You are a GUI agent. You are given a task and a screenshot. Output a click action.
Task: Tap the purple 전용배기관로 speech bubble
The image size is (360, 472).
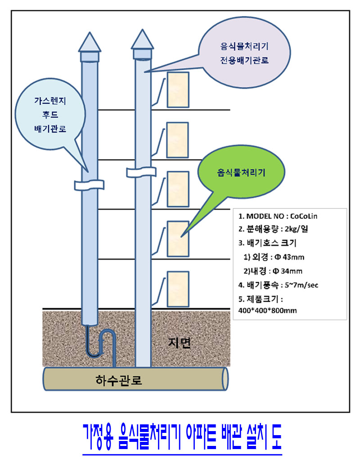click(243, 52)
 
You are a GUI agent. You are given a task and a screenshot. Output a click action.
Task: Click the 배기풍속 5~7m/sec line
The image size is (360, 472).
click(279, 285)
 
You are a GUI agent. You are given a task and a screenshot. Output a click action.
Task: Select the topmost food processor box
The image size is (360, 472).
click(177, 89)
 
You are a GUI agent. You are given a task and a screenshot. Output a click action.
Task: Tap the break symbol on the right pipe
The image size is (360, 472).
click(141, 172)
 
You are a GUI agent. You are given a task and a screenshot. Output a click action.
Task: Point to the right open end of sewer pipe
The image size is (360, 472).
click(223, 378)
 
